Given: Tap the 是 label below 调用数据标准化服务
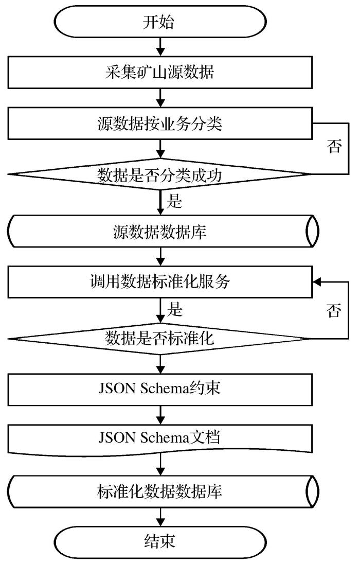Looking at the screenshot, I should [x=175, y=310].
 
